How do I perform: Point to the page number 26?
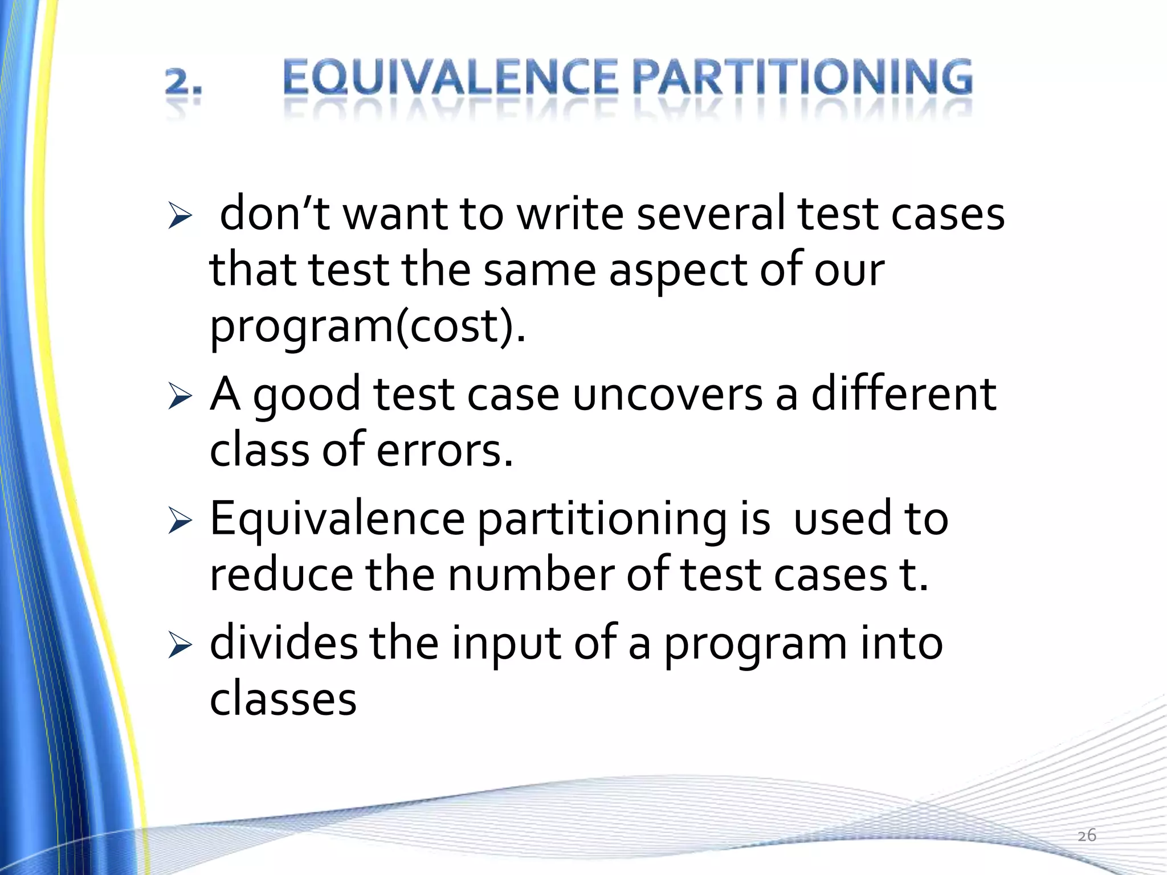[1087, 835]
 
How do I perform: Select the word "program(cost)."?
[368, 327]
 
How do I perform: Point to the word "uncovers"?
[667, 394]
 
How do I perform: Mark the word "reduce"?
[281, 575]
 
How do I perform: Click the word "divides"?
[284, 643]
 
